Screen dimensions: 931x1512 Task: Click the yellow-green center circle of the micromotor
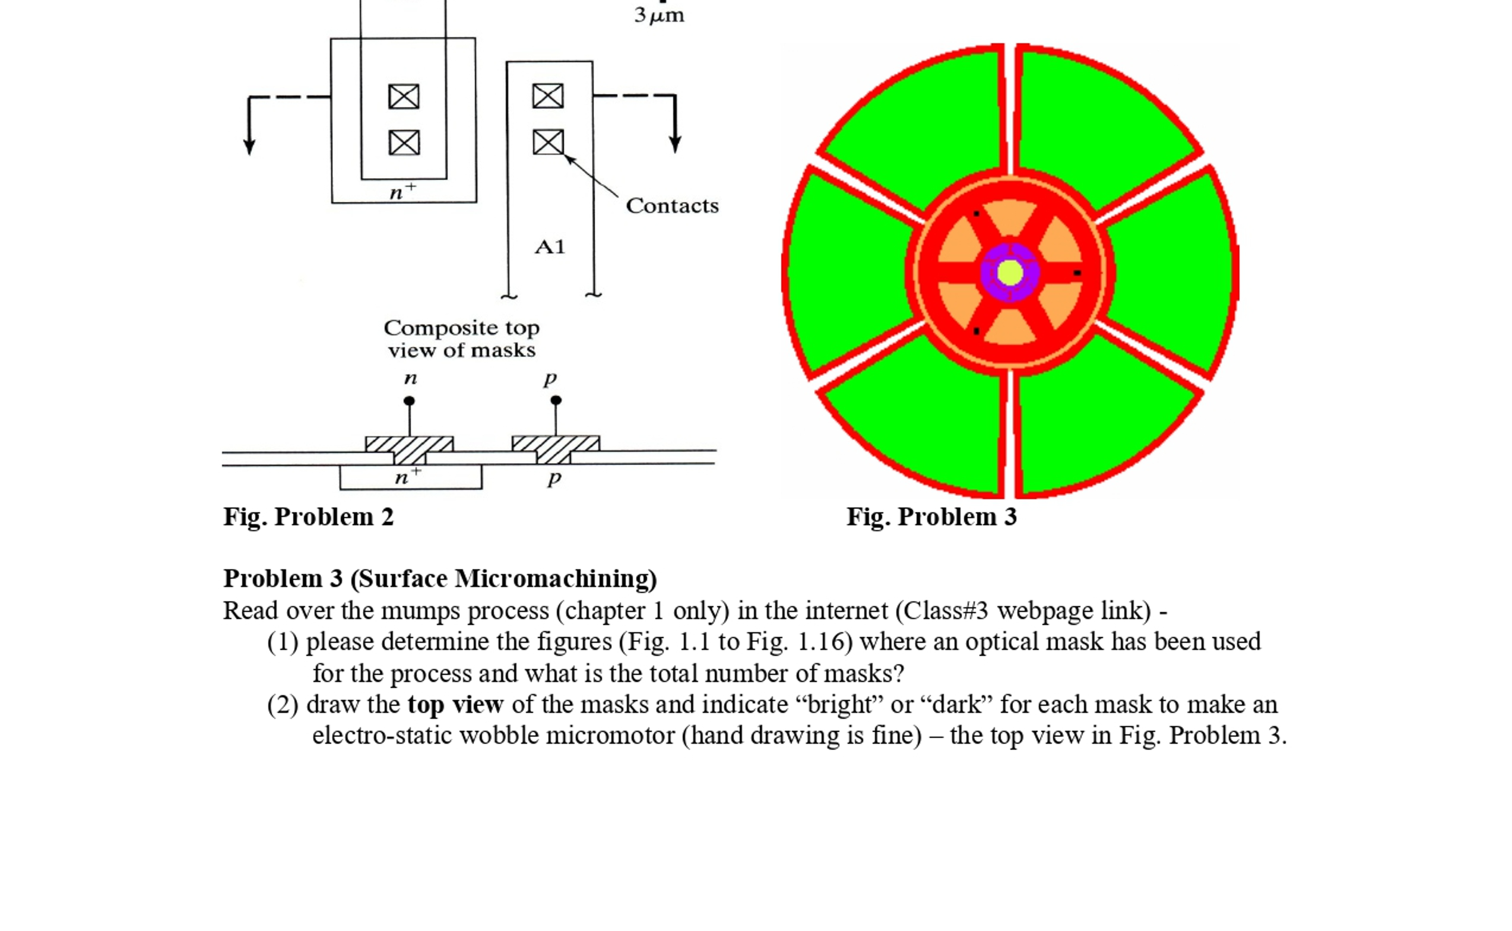[x=1010, y=273]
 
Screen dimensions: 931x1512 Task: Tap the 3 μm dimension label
[x=659, y=15]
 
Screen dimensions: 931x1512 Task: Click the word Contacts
[x=671, y=205]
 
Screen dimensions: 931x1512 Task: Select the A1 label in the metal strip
[x=550, y=247]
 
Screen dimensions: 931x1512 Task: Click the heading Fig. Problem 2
[x=308, y=517]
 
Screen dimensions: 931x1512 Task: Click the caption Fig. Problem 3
[x=931, y=517]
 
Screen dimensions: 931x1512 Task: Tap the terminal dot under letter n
[x=409, y=401]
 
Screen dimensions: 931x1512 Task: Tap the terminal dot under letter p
[x=556, y=400]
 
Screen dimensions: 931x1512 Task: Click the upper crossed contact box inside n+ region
[x=404, y=97]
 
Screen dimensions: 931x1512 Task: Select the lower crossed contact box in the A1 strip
[x=548, y=142]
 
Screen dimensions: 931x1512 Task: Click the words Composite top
[x=461, y=328]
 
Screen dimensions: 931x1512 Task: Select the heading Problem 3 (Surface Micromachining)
[x=439, y=578]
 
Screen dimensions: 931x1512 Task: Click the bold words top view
[x=455, y=704]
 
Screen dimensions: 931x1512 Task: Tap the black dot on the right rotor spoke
[x=1077, y=272]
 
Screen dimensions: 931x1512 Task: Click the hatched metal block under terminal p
[x=555, y=449]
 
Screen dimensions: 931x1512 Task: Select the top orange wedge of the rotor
[x=1010, y=217]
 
